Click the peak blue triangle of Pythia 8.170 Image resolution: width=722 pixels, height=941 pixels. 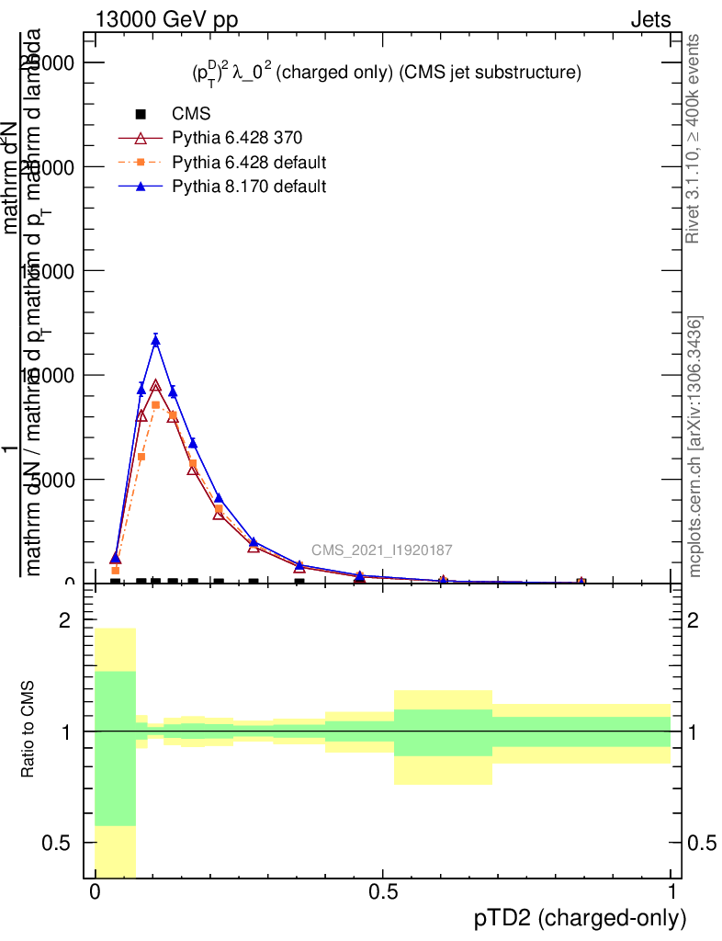click(156, 341)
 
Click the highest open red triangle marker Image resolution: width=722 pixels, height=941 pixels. click(156, 387)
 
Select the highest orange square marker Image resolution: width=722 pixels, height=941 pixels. click(156, 405)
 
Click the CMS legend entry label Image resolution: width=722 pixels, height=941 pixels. click(191, 115)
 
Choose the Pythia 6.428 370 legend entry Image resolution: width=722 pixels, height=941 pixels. click(237, 139)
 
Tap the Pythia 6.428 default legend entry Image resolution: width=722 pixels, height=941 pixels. click(249, 163)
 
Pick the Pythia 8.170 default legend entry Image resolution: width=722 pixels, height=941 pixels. click(249, 187)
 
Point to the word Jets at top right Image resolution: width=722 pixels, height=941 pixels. click(650, 19)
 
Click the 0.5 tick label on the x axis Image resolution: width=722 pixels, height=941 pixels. click(383, 892)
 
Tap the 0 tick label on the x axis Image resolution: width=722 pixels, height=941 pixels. click(96, 892)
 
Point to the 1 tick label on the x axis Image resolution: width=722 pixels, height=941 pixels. click(671, 892)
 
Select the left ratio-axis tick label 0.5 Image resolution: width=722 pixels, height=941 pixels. click(58, 843)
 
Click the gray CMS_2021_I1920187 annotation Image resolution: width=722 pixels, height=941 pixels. click(381, 550)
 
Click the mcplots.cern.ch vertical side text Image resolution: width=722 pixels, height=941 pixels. click(694, 447)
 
